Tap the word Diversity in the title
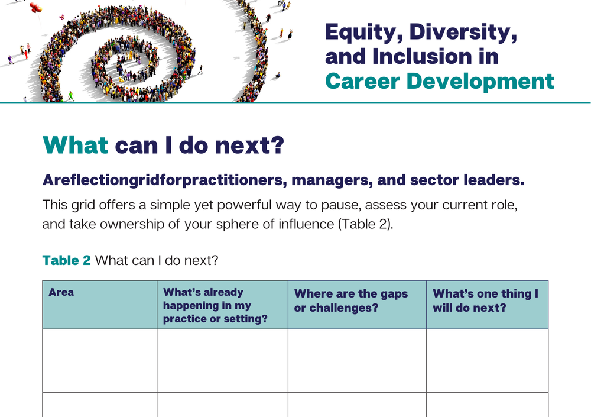pos(463,33)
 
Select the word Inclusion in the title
pos(421,56)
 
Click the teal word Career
pos(362,81)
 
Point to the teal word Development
pos(480,82)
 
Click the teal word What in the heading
pos(76,146)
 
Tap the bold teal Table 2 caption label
pos(66,260)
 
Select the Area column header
pos(61,292)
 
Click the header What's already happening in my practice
pos(215,305)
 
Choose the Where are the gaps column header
pos(351,300)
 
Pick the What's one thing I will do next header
pos(485,300)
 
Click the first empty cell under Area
pos(100,360)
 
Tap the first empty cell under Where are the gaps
pos(358,360)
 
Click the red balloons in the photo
pos(35,7)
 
